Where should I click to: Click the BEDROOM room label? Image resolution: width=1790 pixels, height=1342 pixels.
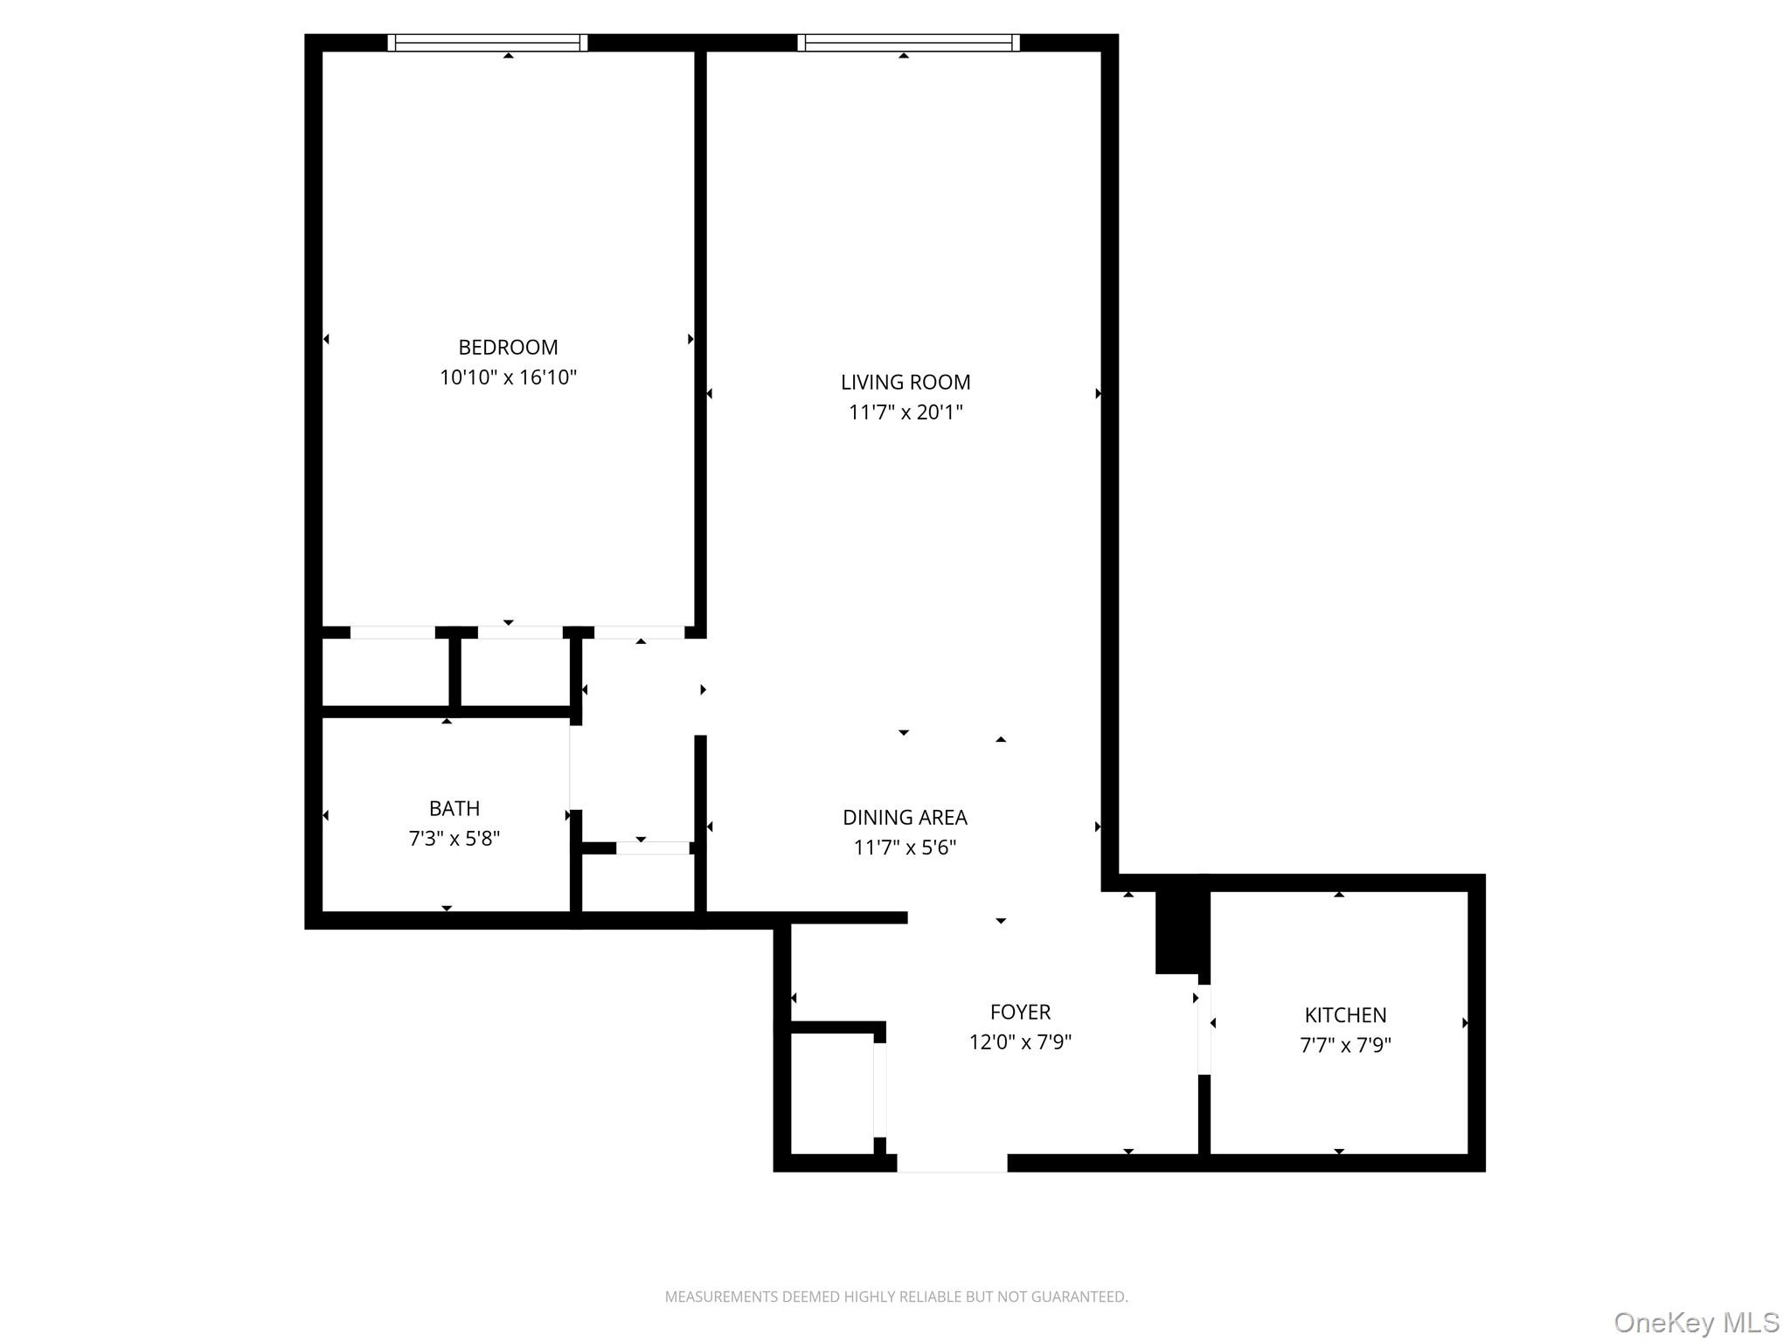(508, 347)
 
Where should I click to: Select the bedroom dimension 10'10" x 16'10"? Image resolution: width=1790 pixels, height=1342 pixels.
(508, 377)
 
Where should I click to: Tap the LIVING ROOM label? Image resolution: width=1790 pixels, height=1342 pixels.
(905, 382)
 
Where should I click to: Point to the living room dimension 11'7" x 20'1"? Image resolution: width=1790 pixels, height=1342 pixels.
(905, 412)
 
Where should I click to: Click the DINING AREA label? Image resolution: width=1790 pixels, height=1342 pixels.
(905, 817)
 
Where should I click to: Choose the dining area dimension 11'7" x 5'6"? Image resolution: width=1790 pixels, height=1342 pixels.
(905, 847)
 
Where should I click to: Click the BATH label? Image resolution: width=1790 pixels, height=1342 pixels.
(454, 808)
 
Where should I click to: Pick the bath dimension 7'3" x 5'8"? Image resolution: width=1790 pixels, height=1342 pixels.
(454, 839)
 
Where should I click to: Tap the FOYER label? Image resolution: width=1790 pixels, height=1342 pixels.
(1020, 1012)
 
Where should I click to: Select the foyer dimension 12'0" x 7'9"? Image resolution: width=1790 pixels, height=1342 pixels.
(1020, 1042)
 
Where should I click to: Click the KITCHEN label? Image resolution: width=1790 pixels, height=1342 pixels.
(1345, 1015)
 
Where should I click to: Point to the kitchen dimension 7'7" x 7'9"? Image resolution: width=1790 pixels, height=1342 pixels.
(1345, 1045)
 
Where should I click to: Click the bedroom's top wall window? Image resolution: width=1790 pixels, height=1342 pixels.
(488, 43)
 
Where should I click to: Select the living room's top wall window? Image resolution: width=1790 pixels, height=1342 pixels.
(908, 43)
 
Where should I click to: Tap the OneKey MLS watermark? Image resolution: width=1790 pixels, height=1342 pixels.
(1696, 1322)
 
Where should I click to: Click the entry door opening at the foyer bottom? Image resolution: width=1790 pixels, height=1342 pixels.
(952, 1164)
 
